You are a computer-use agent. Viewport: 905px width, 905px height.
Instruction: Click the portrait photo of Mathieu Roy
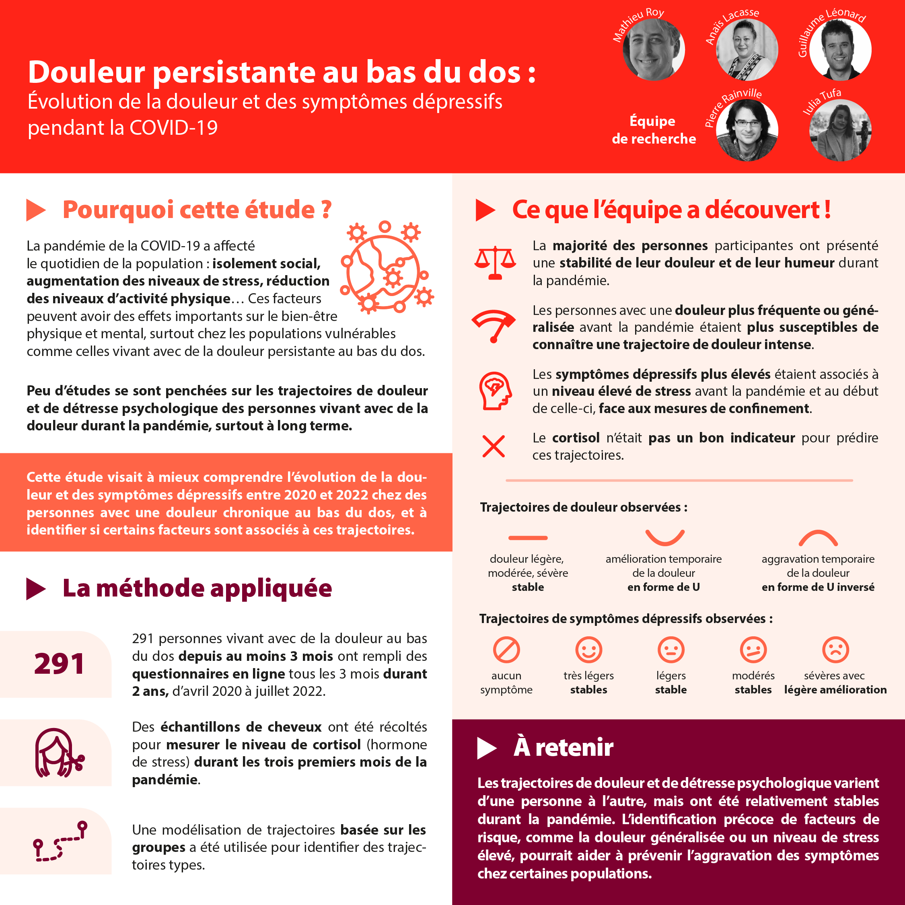pyautogui.click(x=654, y=49)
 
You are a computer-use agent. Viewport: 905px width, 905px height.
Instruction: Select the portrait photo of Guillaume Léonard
pyautogui.click(x=840, y=49)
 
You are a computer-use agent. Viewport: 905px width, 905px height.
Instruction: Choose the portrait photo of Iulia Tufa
pyautogui.click(x=840, y=130)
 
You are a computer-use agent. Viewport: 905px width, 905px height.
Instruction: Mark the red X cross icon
pyautogui.click(x=494, y=446)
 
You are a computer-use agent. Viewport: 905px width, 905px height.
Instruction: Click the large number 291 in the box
pyautogui.click(x=59, y=664)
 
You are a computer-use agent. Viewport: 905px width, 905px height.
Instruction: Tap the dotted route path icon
pyautogui.click(x=60, y=841)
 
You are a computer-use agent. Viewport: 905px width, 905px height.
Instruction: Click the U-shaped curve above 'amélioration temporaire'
pyautogui.click(x=665, y=537)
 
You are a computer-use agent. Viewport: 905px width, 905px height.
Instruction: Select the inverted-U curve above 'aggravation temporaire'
pyautogui.click(x=818, y=538)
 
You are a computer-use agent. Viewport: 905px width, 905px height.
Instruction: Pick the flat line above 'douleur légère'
pyautogui.click(x=528, y=538)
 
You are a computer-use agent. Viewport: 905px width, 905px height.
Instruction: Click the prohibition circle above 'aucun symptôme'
pyautogui.click(x=506, y=650)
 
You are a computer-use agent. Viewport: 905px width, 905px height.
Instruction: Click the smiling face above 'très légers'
pyautogui.click(x=589, y=650)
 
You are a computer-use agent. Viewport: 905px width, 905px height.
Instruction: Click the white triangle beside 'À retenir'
pyautogui.click(x=486, y=748)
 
